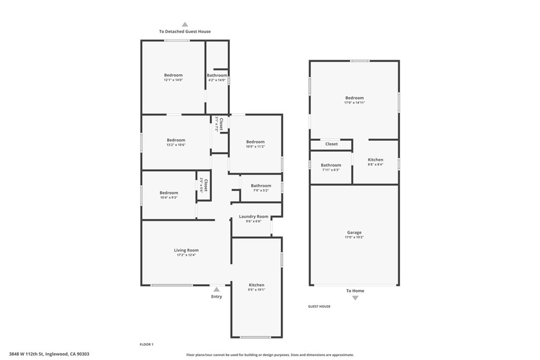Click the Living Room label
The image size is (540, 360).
click(186, 250)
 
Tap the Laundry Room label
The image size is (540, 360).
click(254, 217)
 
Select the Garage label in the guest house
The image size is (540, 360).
click(354, 232)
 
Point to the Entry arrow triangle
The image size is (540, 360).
click(216, 289)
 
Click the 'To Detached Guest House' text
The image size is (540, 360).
click(185, 32)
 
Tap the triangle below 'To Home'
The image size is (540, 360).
click(355, 298)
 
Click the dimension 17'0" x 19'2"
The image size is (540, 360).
click(354, 238)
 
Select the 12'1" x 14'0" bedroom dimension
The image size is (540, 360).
click(173, 80)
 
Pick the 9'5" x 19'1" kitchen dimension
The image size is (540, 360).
click(257, 290)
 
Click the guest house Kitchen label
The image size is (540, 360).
click(375, 160)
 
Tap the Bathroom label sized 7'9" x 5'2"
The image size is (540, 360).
click(261, 186)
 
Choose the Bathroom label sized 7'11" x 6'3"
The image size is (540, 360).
click(331, 165)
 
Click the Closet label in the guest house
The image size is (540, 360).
click(331, 144)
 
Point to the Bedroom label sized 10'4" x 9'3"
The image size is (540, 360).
click(169, 193)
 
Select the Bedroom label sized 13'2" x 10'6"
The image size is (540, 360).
click(176, 140)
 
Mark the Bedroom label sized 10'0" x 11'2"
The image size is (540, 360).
click(255, 142)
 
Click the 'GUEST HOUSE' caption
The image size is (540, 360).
click(319, 306)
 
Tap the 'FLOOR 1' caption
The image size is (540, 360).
click(146, 344)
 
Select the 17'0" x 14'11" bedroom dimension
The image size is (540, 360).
click(354, 103)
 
